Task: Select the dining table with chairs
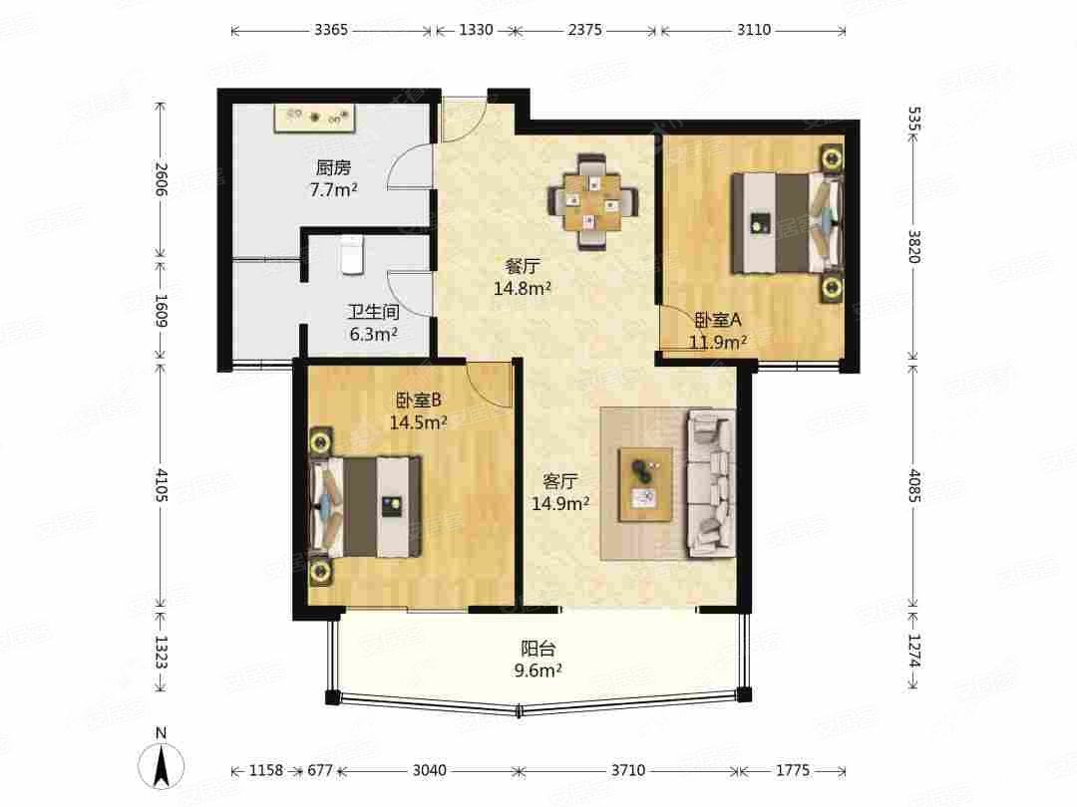click(x=594, y=202)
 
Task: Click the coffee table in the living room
click(x=644, y=483)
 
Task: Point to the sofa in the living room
click(x=710, y=483)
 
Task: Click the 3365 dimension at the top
click(x=331, y=30)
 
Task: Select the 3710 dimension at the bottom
click(x=628, y=770)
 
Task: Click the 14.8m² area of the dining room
click(x=523, y=289)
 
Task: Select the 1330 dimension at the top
click(x=476, y=30)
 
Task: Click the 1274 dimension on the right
click(x=914, y=651)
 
